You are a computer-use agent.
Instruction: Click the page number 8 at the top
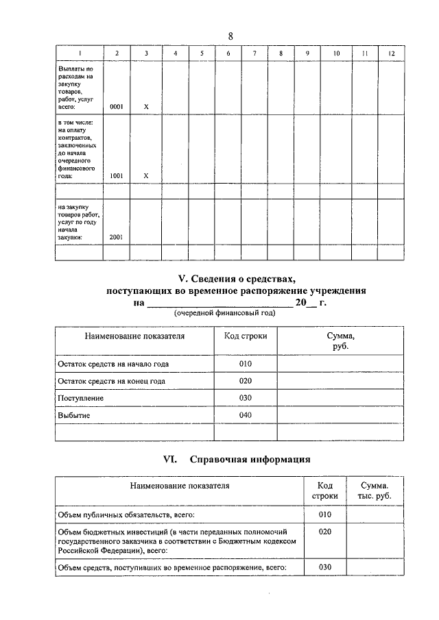click(x=230, y=36)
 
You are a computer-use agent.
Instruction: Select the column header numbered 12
click(x=390, y=53)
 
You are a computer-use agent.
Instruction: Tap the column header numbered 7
click(x=254, y=53)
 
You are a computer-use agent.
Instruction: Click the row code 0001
click(x=117, y=107)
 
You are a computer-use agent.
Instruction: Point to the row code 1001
click(x=117, y=175)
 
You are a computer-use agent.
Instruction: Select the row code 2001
click(x=117, y=237)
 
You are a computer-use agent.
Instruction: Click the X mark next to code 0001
click(x=145, y=107)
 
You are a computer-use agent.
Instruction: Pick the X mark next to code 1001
click(x=145, y=175)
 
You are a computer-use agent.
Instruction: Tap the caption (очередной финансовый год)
click(x=224, y=313)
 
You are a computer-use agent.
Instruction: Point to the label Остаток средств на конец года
click(x=111, y=381)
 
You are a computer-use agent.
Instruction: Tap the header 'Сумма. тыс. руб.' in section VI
click(x=373, y=491)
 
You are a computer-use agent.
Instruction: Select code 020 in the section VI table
click(x=324, y=531)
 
